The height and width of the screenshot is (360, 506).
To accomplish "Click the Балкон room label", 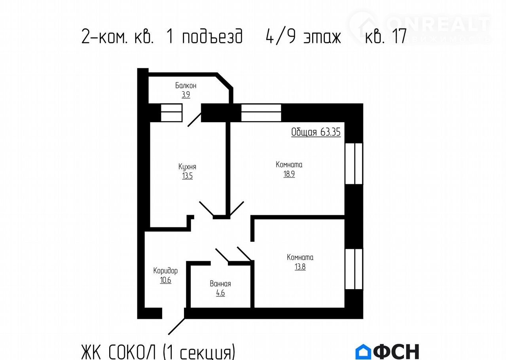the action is tap(186, 85).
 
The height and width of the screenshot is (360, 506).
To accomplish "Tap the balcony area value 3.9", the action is tap(186, 95).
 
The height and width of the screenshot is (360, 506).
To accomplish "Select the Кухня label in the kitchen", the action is tap(187, 167).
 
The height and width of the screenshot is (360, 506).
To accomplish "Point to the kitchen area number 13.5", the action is tap(187, 176).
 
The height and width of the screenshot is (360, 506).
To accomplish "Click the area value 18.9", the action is tap(289, 174).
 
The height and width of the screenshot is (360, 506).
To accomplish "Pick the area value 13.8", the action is tap(300, 267).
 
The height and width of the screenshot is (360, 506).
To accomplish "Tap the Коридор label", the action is tap(165, 271).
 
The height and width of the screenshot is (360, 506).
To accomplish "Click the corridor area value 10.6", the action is tap(166, 280).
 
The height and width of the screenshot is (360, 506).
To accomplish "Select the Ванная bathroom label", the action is tap(220, 284).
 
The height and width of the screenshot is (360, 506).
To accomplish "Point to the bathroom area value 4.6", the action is tap(220, 293).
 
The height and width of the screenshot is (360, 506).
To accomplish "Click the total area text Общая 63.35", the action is tap(316, 132).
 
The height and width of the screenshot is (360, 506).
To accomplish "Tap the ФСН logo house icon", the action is tap(363, 351).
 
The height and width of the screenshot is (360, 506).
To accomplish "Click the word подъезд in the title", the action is tap(212, 36).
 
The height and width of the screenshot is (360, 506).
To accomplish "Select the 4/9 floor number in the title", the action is tap(280, 36).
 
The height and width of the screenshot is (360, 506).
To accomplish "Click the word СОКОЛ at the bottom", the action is tap(132, 352).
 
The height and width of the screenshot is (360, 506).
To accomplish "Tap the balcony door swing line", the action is tap(195, 120).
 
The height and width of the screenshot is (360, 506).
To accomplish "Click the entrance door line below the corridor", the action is tap(176, 326).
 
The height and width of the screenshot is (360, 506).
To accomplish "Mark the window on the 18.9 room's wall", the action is tap(354, 163).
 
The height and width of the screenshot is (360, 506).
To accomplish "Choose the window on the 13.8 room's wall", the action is tap(354, 269).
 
